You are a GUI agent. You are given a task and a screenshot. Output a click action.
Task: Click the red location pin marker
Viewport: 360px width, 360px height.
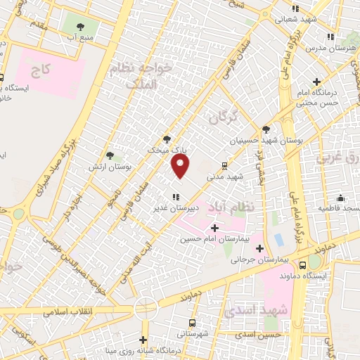[181, 166]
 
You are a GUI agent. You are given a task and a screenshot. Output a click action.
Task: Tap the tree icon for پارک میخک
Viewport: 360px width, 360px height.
[167, 139]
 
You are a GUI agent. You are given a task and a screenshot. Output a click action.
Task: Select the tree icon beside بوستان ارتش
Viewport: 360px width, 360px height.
[110, 155]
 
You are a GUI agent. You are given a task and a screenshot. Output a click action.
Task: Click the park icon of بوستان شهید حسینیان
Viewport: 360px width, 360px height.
[266, 129]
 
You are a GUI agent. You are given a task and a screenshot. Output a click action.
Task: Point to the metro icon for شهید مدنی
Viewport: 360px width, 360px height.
[224, 167]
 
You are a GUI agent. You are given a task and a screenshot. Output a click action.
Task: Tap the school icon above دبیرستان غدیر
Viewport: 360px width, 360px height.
[175, 198]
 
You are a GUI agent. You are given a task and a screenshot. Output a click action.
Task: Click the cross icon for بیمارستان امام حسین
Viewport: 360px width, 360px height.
[214, 228]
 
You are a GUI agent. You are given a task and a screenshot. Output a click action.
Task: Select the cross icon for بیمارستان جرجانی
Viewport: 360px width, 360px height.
[260, 248]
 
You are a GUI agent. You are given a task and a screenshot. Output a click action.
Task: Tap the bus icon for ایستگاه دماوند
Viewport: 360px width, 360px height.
[302, 265]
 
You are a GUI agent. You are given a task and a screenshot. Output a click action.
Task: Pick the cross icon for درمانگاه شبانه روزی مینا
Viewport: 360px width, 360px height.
[143, 340]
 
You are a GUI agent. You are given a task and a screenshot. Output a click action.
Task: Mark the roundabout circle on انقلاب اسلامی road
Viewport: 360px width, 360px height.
[146, 307]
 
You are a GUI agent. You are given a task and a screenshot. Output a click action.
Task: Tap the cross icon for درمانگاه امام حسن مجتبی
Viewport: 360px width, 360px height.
[317, 82]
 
